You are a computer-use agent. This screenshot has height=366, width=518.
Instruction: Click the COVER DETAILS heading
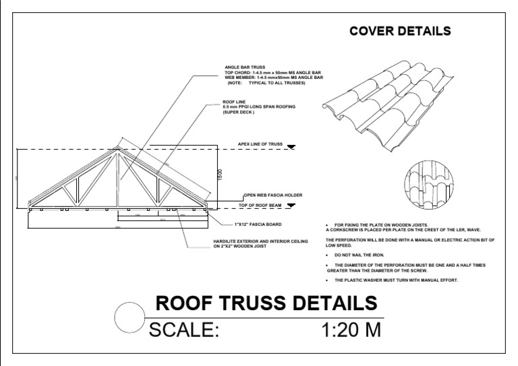pos(400,32)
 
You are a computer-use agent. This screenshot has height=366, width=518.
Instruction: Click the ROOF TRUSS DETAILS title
pos(266,304)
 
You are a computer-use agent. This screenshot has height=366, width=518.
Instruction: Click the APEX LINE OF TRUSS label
pos(260,144)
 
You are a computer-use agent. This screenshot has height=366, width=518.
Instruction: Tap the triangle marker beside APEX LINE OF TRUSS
pos(291,146)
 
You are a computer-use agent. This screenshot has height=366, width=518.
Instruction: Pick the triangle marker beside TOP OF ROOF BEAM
pos(291,204)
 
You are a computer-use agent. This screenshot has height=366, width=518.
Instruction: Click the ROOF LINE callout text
pos(229,102)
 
